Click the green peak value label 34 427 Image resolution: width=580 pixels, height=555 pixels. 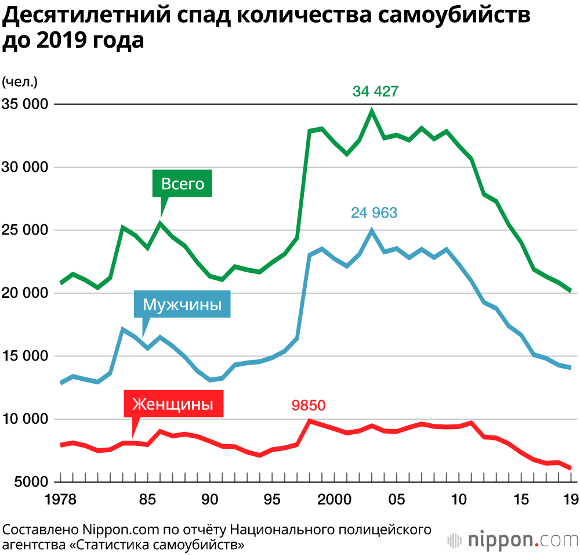tap(375, 91)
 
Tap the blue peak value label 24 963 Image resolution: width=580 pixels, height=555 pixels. tap(374, 212)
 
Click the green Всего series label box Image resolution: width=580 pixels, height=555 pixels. tap(183, 184)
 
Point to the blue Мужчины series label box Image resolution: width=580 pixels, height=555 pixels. tap(182, 304)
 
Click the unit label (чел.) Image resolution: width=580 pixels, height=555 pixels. tap(20, 81)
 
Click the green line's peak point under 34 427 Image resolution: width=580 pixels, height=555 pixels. tap(372, 110)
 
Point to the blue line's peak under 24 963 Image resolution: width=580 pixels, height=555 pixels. tap(372, 230)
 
